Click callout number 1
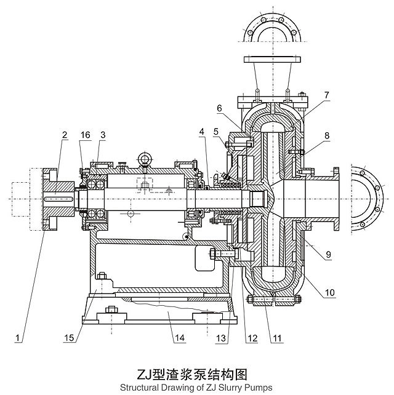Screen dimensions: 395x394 (19, 338)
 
